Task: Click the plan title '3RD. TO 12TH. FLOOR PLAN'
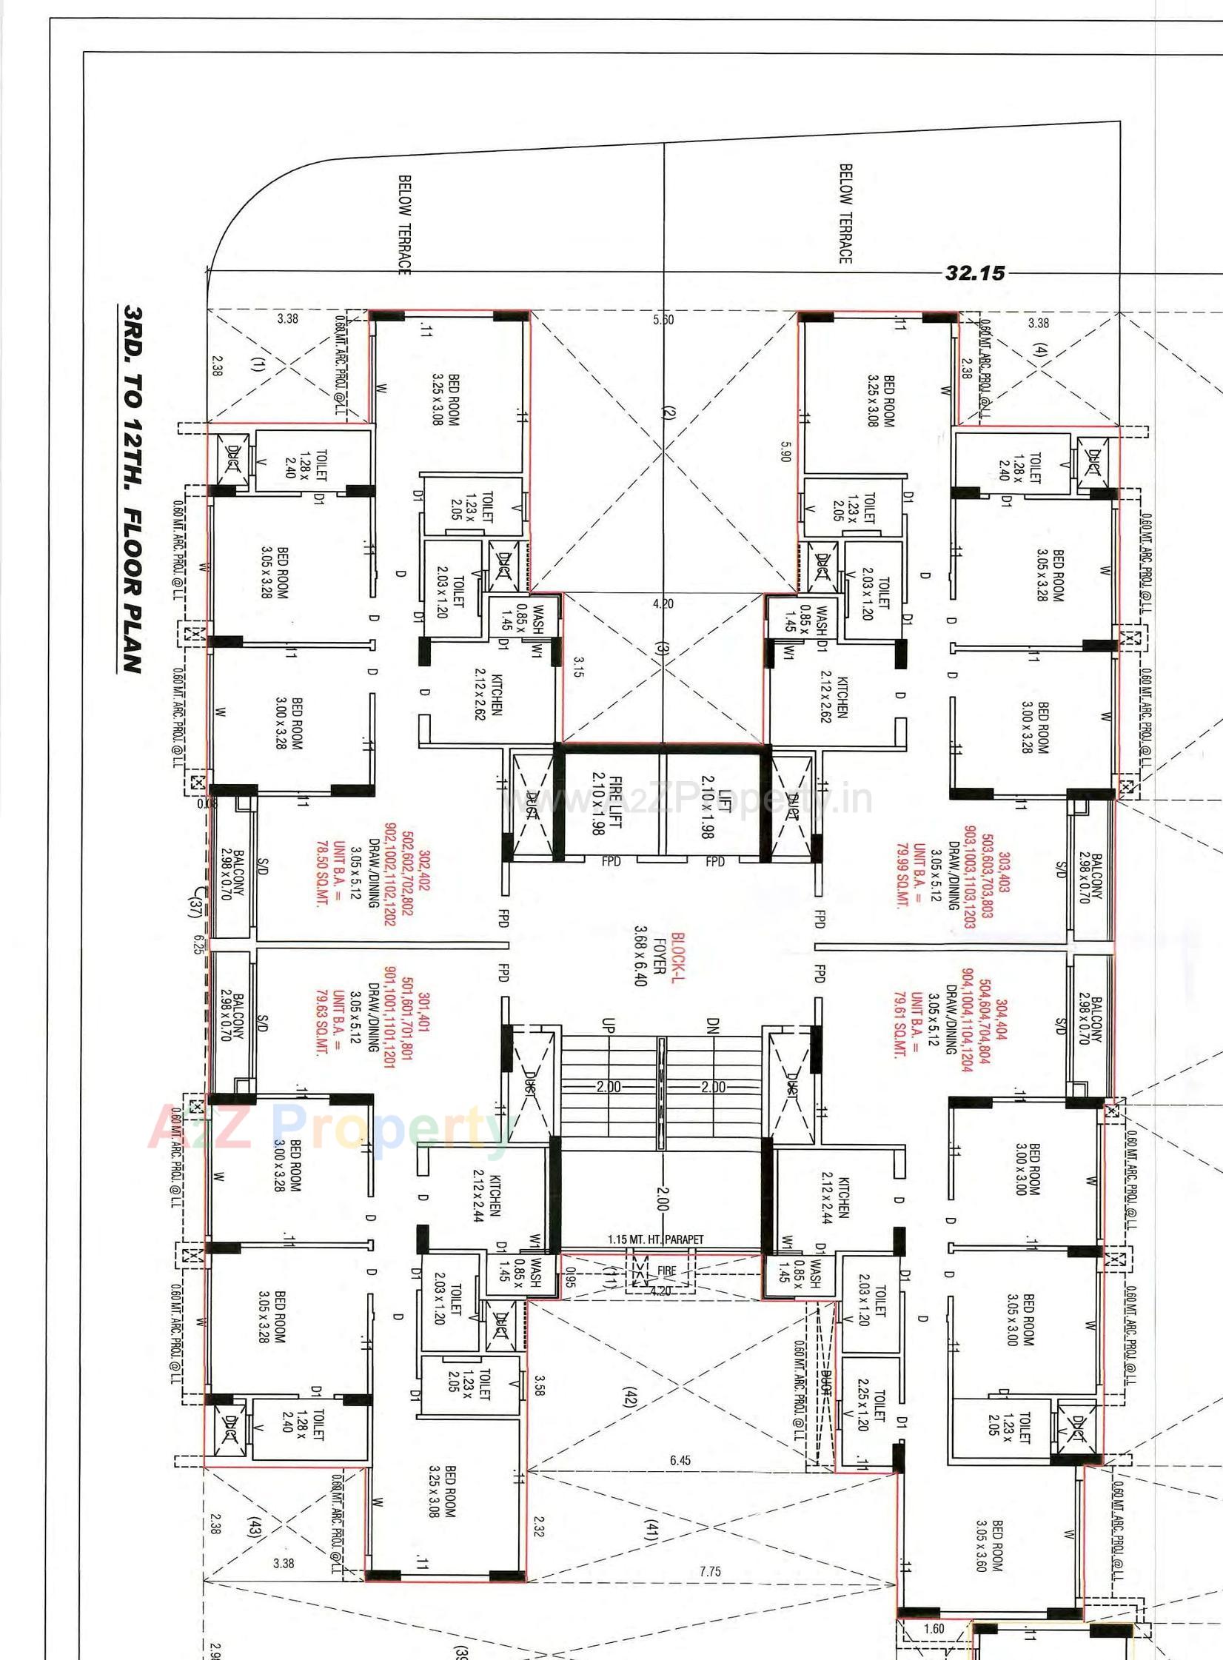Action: [x=132, y=489]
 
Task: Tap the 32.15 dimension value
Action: [x=975, y=273]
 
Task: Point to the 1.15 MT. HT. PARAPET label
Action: [x=655, y=1239]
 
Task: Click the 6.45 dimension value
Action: [x=680, y=1461]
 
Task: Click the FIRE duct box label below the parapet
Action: [x=666, y=1271]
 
